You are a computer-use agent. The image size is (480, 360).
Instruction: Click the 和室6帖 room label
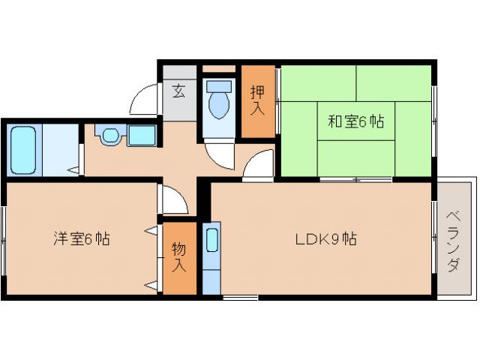[x=355, y=121]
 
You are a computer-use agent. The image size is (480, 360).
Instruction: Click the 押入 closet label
[x=256, y=100]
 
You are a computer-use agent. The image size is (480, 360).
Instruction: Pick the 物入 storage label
[x=178, y=256]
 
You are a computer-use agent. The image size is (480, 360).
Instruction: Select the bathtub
[x=24, y=149]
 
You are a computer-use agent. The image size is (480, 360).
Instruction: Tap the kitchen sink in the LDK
[x=211, y=241]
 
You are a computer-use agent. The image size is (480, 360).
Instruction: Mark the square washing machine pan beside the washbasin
[x=141, y=136]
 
